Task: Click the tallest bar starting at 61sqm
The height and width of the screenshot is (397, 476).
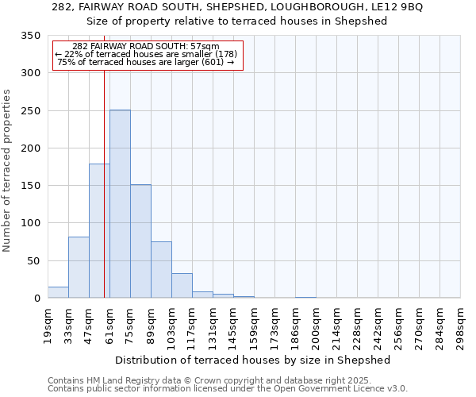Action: pos(120,204)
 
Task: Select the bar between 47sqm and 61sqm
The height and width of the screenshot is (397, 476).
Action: pos(99,230)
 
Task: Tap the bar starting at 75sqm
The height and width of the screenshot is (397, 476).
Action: pos(140,241)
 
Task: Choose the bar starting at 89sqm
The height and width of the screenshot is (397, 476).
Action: pos(161,270)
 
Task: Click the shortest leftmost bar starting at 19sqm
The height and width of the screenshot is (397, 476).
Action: pos(58,292)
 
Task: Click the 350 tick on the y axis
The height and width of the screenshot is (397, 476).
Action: pos(30,36)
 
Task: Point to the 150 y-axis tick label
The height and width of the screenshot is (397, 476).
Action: pos(30,186)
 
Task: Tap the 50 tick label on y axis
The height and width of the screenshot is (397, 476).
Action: pos(33,261)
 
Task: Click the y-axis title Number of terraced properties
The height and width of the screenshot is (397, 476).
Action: pos(7,170)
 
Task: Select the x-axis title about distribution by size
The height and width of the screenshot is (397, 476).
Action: pos(253,360)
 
